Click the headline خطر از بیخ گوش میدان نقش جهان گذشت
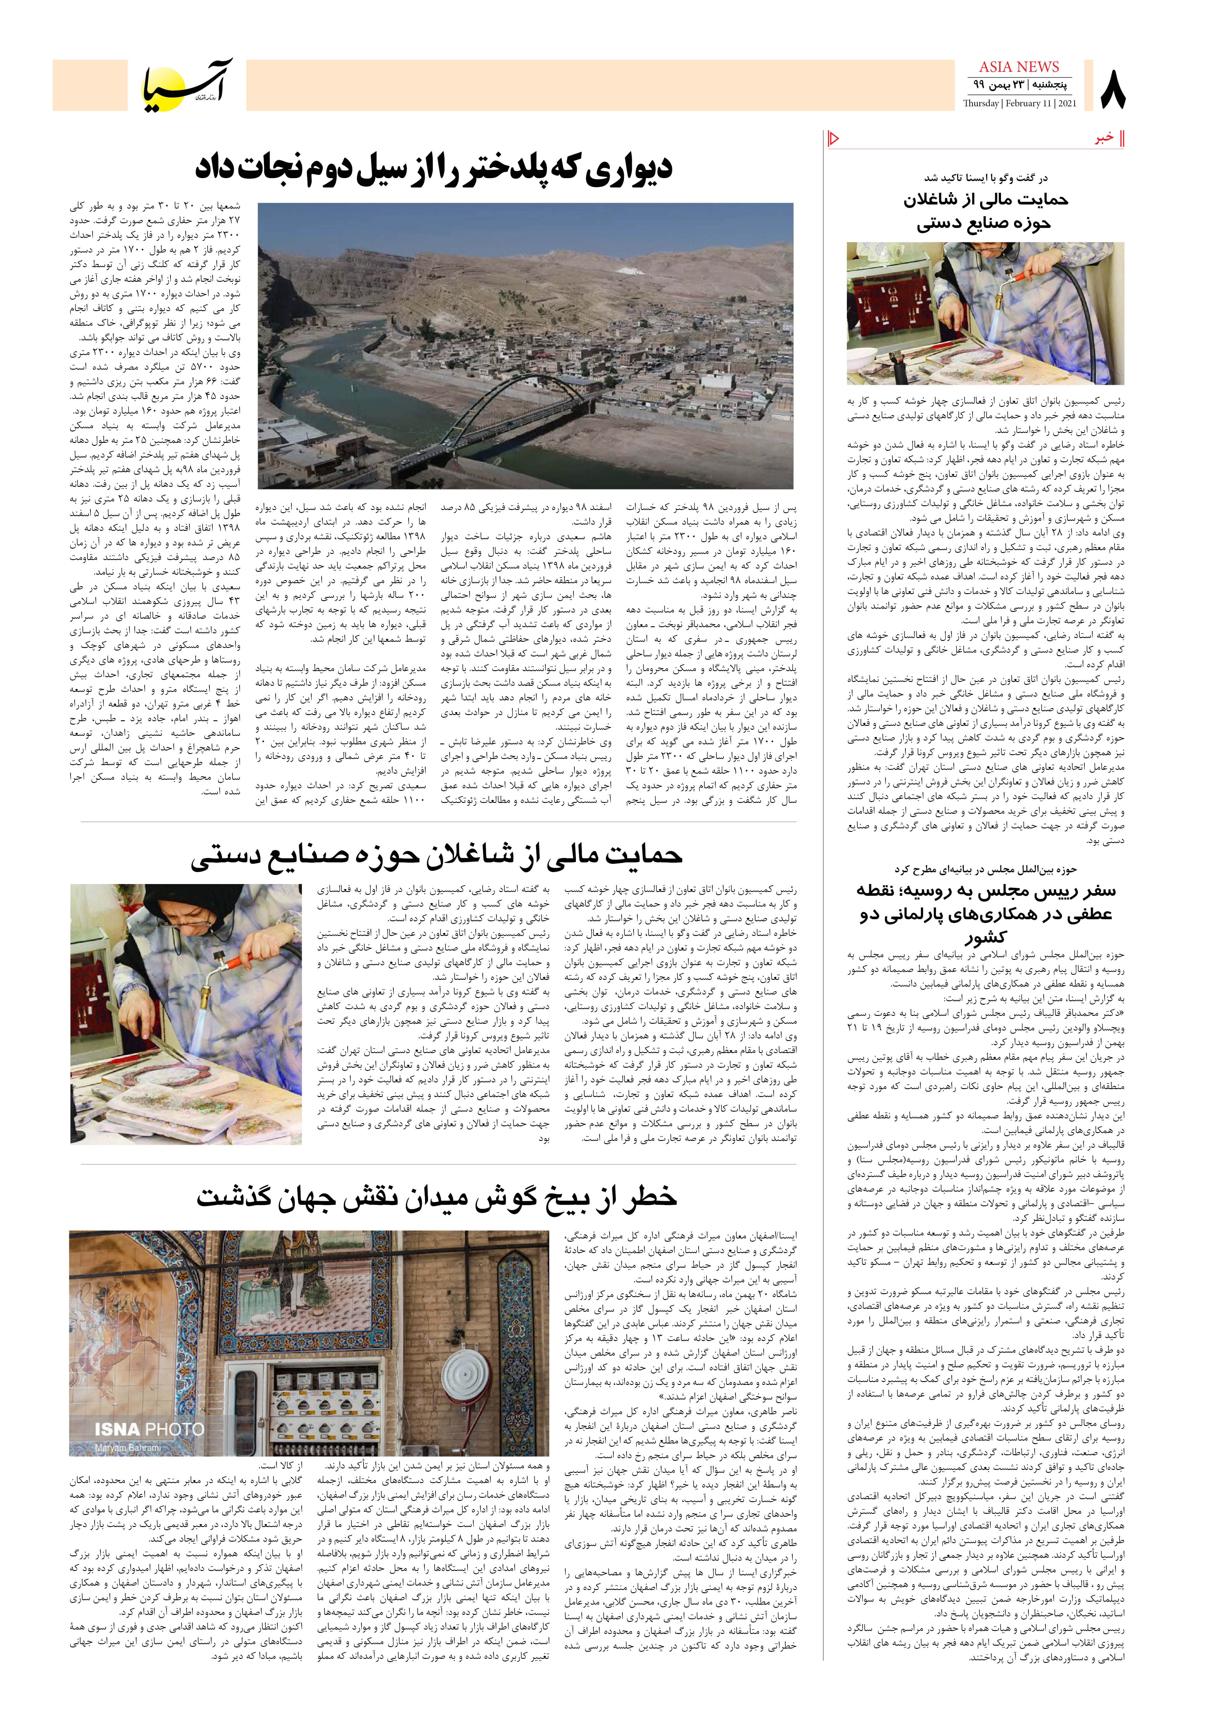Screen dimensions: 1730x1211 (437, 1197)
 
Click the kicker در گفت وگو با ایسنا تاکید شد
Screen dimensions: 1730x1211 (985, 178)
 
